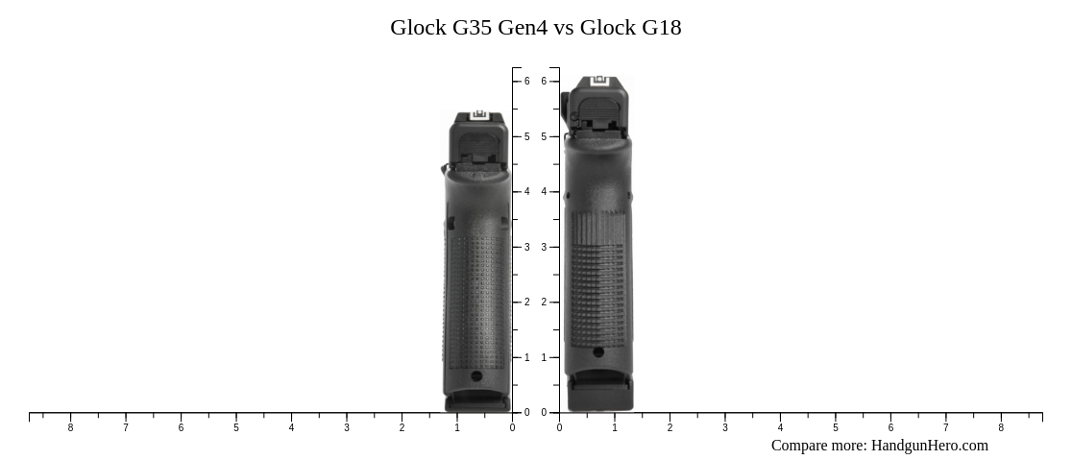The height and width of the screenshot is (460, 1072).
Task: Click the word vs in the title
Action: click(564, 28)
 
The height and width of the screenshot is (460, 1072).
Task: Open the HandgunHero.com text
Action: click(929, 446)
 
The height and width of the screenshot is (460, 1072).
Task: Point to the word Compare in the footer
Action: click(801, 446)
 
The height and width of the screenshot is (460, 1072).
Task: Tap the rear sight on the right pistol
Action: click(600, 81)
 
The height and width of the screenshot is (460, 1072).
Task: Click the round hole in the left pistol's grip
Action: click(476, 376)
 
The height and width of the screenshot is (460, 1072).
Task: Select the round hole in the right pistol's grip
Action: click(598, 352)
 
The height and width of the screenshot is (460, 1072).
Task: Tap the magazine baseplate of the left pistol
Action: click(477, 401)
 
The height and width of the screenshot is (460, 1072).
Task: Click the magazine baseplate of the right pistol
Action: click(599, 394)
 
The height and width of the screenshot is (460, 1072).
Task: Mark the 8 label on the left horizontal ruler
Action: click(70, 428)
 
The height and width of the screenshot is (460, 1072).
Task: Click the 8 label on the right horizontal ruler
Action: click(1001, 428)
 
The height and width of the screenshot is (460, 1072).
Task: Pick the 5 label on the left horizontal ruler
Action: click(236, 428)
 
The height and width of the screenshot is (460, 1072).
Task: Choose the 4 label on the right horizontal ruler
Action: click(780, 428)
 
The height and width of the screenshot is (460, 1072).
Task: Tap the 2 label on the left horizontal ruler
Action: click(402, 428)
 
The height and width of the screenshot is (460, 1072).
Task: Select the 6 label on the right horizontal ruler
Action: click(890, 428)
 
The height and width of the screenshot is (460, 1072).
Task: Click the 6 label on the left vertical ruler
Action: click(526, 82)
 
